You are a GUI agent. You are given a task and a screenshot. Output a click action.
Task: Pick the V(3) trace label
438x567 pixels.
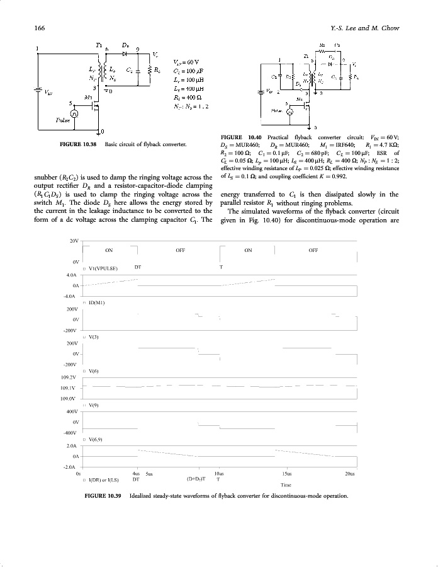[95, 337]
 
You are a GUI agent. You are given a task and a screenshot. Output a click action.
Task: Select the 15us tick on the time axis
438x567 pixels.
[286, 473]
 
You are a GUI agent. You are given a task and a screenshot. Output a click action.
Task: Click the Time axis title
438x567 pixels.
[286, 485]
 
